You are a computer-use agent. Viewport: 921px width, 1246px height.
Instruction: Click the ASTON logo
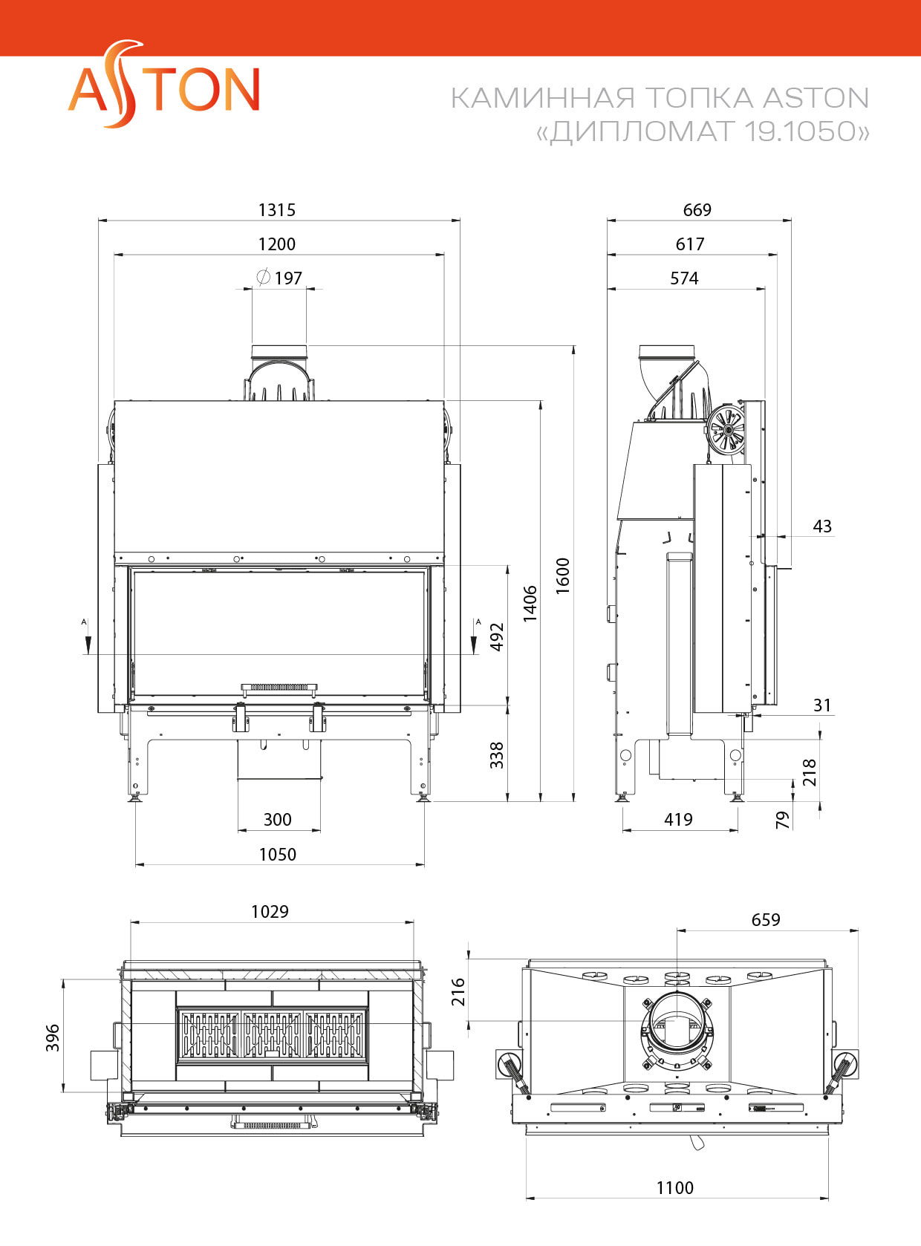[x=163, y=87]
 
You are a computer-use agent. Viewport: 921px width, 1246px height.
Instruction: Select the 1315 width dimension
[x=276, y=210]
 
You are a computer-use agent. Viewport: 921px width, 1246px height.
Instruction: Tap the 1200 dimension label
[x=276, y=244]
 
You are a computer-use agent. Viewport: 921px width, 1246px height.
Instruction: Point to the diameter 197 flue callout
[x=280, y=278]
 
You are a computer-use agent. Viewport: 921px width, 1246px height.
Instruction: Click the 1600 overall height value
[x=563, y=575]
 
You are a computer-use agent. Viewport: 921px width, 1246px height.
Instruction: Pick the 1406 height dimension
[x=530, y=603]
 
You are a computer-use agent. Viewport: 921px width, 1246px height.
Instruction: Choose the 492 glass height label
[x=497, y=636]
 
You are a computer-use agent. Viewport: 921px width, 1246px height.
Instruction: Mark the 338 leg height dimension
[x=497, y=754]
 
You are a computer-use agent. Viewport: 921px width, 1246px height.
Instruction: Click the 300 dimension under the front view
[x=277, y=820]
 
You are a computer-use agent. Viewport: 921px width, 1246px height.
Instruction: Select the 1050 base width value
[x=277, y=855]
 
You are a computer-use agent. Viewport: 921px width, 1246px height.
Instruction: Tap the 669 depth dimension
[x=697, y=210]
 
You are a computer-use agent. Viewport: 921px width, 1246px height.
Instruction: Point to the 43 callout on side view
[x=821, y=526]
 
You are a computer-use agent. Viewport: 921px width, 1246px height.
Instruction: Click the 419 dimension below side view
[x=678, y=820]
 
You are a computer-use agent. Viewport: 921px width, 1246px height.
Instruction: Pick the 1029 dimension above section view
[x=270, y=912]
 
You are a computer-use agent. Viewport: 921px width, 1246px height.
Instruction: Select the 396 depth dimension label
[x=53, y=1037]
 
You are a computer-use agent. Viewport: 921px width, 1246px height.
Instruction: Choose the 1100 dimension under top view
[x=674, y=1188]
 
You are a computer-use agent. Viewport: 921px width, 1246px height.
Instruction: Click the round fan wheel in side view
[x=726, y=430]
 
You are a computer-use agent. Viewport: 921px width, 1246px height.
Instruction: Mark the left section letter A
[x=84, y=622]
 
